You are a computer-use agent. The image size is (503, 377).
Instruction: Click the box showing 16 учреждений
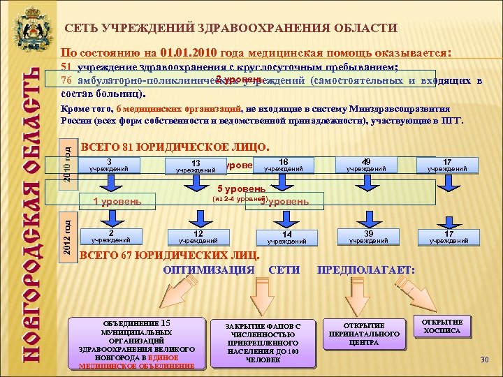click(x=282, y=164)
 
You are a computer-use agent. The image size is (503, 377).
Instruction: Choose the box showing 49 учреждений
click(x=365, y=164)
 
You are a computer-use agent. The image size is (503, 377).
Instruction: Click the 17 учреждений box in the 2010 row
click(x=446, y=164)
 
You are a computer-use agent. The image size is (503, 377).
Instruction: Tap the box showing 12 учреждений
click(x=198, y=237)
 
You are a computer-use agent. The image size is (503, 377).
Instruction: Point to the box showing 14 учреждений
click(x=286, y=237)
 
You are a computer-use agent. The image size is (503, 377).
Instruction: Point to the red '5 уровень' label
click(x=241, y=188)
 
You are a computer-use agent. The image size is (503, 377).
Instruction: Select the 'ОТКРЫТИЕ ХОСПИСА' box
click(x=442, y=327)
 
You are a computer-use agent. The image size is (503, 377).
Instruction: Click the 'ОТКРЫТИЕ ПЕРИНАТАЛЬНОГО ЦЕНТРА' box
click(x=364, y=334)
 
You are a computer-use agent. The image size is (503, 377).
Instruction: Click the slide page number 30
click(x=485, y=359)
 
